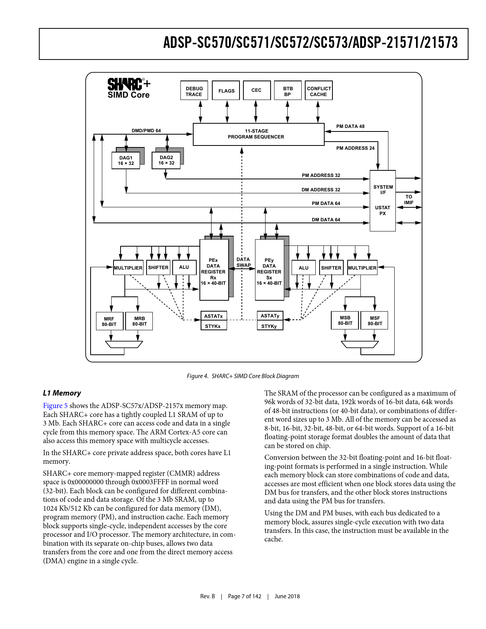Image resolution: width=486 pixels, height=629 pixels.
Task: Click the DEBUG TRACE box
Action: tap(194, 91)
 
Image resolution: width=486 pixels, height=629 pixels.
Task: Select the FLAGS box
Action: tap(226, 91)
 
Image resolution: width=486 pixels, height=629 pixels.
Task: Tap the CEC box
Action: tap(256, 91)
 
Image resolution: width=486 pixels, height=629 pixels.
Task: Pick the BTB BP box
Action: tap(288, 91)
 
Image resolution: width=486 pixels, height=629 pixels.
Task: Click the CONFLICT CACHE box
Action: tap(319, 91)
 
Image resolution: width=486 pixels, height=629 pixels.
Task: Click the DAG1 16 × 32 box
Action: tap(126, 161)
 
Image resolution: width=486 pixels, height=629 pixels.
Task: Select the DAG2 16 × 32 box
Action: tap(166, 160)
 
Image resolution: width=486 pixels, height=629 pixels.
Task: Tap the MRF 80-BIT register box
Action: tap(109, 321)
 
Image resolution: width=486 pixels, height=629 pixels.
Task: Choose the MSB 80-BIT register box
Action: tap(345, 321)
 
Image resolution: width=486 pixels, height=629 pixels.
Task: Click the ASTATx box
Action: tap(213, 316)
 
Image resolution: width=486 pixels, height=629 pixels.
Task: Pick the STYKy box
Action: tap(269, 326)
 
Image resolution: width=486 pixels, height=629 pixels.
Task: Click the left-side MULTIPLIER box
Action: tap(128, 268)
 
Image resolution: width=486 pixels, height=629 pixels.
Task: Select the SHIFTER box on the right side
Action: tap(331, 268)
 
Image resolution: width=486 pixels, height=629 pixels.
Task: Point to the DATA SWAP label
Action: tap(243, 262)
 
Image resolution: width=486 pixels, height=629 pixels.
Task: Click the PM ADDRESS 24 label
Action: tap(355, 148)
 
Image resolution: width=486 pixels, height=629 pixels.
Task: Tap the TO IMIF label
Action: tap(409, 200)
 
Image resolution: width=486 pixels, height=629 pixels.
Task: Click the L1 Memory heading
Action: tap(62, 393)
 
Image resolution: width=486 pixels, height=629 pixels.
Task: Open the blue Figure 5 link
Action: tap(55, 406)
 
